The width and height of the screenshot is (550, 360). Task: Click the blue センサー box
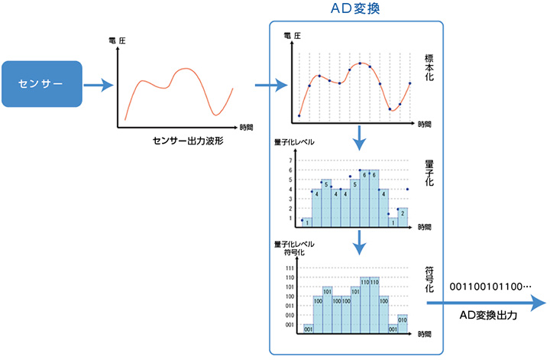[43, 83]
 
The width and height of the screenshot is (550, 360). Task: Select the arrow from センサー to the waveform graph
[97, 84]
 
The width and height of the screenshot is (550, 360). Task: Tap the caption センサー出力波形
[186, 143]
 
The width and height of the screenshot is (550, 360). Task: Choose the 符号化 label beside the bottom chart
[429, 279]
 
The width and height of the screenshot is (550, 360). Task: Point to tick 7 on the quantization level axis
[290, 161]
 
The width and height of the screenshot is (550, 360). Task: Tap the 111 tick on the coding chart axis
[290, 268]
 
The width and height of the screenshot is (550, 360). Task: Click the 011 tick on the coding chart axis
[290, 306]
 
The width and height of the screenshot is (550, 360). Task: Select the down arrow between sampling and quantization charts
[359, 138]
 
